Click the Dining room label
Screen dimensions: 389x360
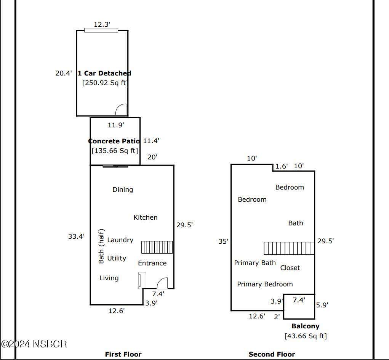pos(123,190)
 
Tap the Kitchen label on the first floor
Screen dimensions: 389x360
pos(146,217)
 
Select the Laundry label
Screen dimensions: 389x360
pos(120,240)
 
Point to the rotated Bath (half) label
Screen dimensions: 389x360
pos(101,246)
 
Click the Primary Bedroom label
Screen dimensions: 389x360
pos(265,284)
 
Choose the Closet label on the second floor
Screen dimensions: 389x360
pos(290,268)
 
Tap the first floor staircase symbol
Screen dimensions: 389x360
pos(157,247)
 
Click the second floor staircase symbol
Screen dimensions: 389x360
pos(289,248)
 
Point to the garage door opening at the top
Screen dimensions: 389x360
pos(101,30)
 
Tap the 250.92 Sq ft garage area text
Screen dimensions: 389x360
pos(105,83)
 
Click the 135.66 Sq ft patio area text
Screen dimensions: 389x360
pos(115,151)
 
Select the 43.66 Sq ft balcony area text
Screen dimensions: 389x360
pos(306,336)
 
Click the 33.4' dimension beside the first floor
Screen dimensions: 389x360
pos(77,236)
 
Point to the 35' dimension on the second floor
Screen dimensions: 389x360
pos(223,241)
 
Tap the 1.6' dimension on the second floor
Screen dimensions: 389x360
pos(282,166)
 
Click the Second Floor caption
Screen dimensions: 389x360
pos(272,354)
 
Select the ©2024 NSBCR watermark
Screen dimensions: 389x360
pos(34,344)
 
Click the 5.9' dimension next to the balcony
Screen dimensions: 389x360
pos(322,305)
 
